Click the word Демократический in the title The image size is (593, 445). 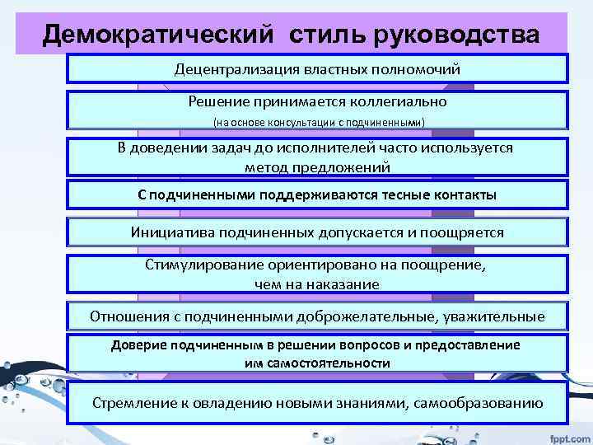[156, 35]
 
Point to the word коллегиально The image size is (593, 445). [396, 102]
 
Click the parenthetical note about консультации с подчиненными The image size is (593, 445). [318, 123]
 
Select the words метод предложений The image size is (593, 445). [317, 166]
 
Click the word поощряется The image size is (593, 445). [461, 232]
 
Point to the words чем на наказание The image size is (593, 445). [317, 284]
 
